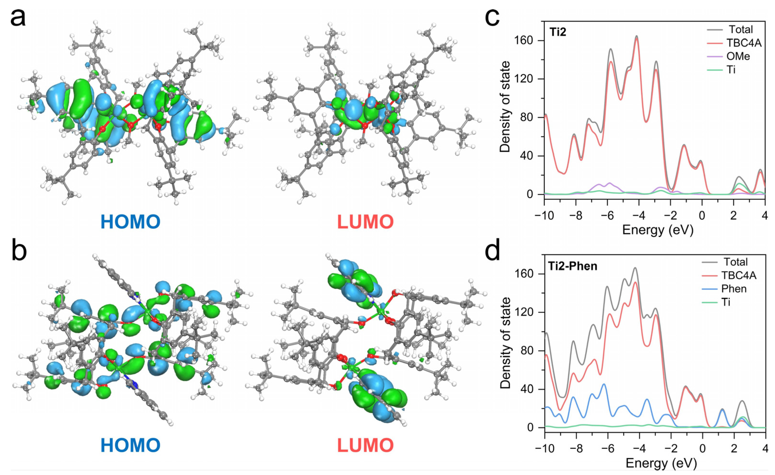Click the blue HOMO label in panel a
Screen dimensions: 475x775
[x=130, y=222]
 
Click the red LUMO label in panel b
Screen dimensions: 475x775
[x=365, y=445]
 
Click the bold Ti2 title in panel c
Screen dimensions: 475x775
[x=558, y=32]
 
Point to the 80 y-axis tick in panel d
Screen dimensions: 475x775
[x=532, y=351]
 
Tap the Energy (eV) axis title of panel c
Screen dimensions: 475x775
[x=658, y=230]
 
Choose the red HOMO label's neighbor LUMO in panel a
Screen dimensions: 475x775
[x=365, y=222]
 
